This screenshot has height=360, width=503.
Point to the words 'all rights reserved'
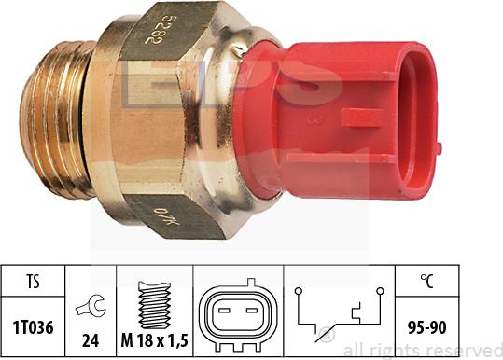click(422, 350)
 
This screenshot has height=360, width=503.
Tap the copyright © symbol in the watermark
click(327, 335)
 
